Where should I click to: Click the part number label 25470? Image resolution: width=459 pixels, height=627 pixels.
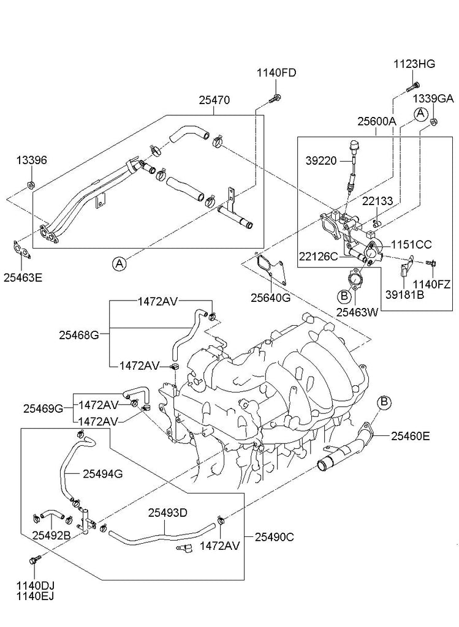214,100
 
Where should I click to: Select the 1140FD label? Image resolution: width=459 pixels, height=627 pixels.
276,73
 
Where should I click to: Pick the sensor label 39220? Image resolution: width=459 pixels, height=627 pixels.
321,160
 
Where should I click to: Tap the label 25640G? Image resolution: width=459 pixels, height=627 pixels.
270,298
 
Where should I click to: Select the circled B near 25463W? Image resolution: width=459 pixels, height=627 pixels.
344,296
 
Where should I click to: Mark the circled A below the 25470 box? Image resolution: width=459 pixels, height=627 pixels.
119,264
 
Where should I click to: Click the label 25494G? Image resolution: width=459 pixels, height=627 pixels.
102,473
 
